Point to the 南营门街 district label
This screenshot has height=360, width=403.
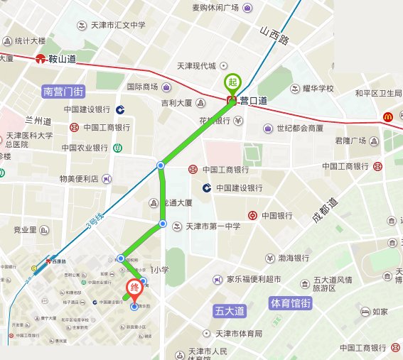point(63,91)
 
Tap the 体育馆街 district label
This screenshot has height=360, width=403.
point(291,303)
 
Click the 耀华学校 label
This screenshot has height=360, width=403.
point(316,89)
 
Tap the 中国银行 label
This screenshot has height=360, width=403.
point(278,215)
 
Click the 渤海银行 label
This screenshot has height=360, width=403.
point(293,257)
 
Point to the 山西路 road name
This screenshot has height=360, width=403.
point(274,36)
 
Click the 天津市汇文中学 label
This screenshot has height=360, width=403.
point(118,25)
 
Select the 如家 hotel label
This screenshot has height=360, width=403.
point(380,311)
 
